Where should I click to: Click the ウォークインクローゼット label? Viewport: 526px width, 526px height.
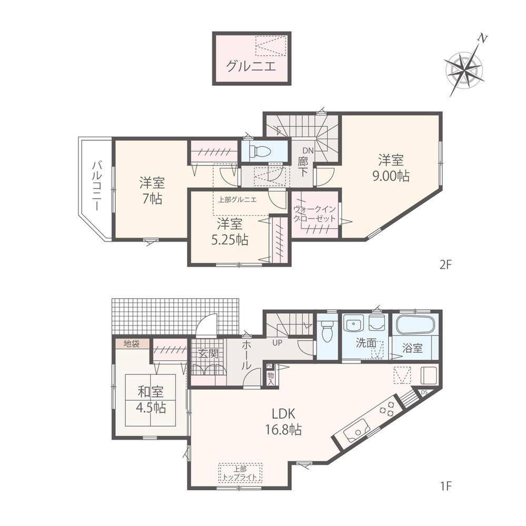coord(314,213)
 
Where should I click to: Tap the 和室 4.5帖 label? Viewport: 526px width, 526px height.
coord(151,400)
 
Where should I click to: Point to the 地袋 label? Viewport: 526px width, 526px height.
coord(131,344)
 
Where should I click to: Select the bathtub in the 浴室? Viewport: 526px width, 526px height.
coord(414,324)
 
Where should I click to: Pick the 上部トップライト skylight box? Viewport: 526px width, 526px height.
coord(240,472)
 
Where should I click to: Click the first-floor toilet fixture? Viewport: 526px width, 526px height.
coord(327,331)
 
